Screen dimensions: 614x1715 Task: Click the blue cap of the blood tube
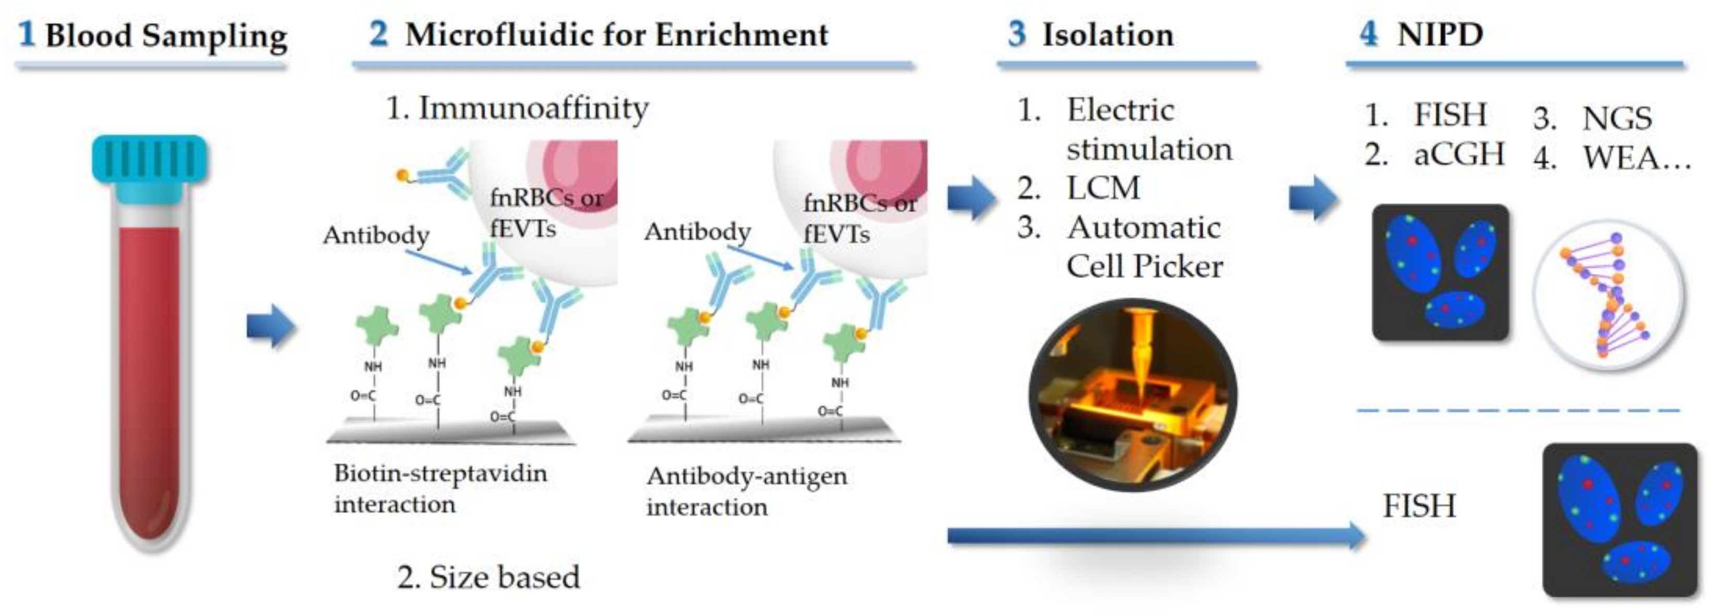[150, 160]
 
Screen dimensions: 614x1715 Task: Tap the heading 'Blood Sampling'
[166, 36]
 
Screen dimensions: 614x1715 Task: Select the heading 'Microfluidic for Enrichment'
[616, 34]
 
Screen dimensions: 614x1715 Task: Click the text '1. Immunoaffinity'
[517, 108]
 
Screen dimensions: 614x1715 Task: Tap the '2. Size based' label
[489, 577]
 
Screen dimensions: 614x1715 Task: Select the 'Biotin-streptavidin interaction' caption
[440, 488]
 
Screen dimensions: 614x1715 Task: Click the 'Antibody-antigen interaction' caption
[746, 491]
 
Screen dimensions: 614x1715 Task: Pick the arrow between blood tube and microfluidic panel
[270, 327]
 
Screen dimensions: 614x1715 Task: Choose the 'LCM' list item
[1103, 188]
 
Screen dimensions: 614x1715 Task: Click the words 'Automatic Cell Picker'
[1144, 246]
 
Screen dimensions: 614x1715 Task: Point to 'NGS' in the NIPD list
[1617, 118]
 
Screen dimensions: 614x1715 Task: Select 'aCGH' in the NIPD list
[1458, 154]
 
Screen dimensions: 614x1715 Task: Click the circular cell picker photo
[1133, 395]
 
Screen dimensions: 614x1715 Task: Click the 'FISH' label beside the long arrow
[1419, 506]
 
